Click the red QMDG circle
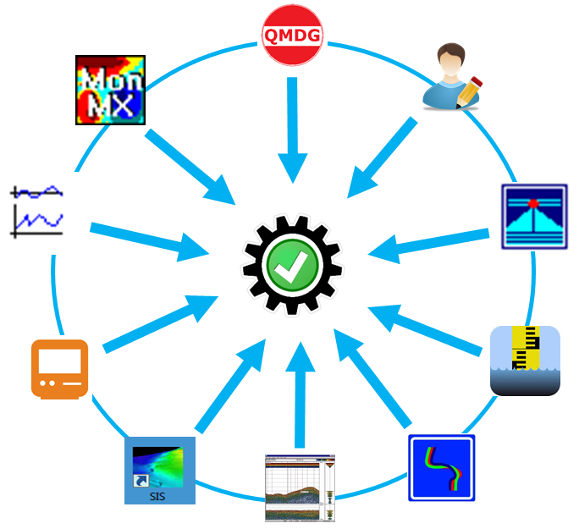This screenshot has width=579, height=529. click(x=293, y=36)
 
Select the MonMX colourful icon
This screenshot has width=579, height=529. click(x=110, y=91)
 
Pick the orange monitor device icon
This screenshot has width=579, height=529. click(x=59, y=368)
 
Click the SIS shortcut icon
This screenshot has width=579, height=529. click(x=160, y=471)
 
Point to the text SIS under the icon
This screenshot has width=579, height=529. click(x=157, y=495)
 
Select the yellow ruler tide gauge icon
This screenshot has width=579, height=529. click(x=525, y=361)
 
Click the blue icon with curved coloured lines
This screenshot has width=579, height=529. click(x=441, y=468)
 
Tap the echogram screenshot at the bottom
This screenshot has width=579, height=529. click(x=301, y=488)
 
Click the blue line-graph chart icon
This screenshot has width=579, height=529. click(x=37, y=210)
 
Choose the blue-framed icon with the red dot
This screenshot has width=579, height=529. click(x=533, y=217)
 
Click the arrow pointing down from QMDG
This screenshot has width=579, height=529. click(x=293, y=127)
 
